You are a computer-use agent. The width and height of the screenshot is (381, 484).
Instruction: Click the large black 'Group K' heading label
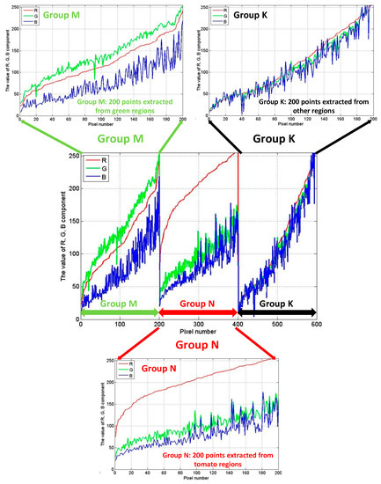pos(276,139)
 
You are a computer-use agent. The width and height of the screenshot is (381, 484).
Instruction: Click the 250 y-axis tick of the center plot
pos(70,155)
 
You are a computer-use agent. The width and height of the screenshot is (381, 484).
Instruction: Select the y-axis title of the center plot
pos(59,233)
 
